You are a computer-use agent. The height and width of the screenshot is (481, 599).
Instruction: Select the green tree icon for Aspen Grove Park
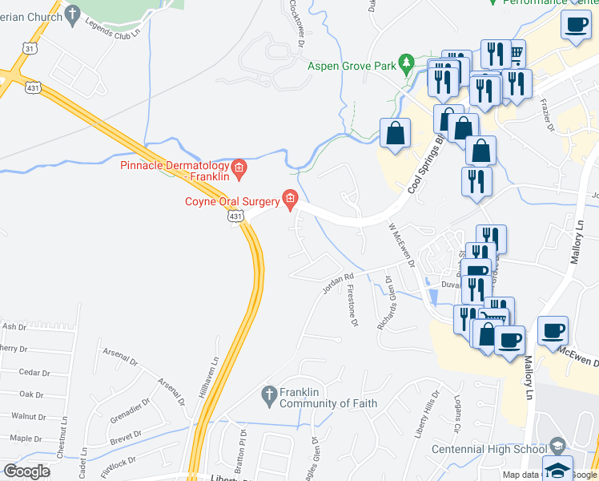[x=408, y=63]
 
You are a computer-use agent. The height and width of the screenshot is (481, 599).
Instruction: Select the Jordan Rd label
[x=338, y=283]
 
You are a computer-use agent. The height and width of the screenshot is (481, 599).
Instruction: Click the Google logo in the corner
[x=27, y=471]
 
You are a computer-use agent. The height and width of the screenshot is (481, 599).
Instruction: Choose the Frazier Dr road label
[x=549, y=116]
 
